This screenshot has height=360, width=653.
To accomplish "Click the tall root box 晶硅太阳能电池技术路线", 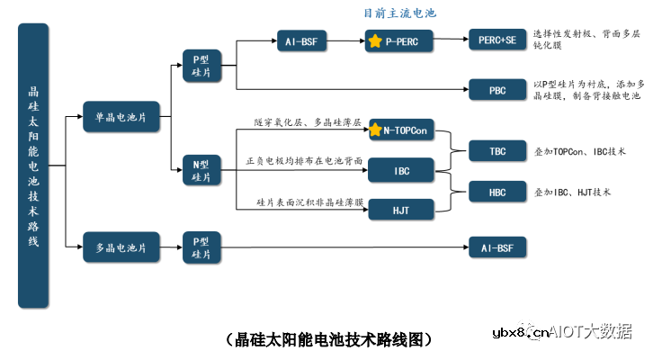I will coord(32,166).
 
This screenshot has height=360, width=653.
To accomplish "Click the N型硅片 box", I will coord(201,170).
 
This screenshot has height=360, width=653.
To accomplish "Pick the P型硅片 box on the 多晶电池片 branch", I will coord(201,246).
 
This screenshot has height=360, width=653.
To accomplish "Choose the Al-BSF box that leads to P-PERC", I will coord(302,41).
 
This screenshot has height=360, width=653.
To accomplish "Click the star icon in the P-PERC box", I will coord(375,42).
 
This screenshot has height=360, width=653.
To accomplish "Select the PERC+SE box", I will coord(497,40).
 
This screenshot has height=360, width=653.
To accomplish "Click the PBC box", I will coord(497,89).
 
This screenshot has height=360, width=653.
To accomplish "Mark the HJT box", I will coord(401,209).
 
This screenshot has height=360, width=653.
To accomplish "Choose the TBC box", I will coord(497,150).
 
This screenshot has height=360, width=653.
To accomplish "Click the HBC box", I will coord(497,191).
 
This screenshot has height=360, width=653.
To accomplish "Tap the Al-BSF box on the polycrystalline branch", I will coord(497,246).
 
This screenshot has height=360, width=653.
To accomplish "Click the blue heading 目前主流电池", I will coord(400,13).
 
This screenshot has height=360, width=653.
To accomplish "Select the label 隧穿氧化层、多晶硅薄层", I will coord(308,121).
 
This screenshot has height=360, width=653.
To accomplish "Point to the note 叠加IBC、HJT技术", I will coord(573,192).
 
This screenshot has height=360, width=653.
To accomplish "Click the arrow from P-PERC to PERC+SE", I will coord(451,41).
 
